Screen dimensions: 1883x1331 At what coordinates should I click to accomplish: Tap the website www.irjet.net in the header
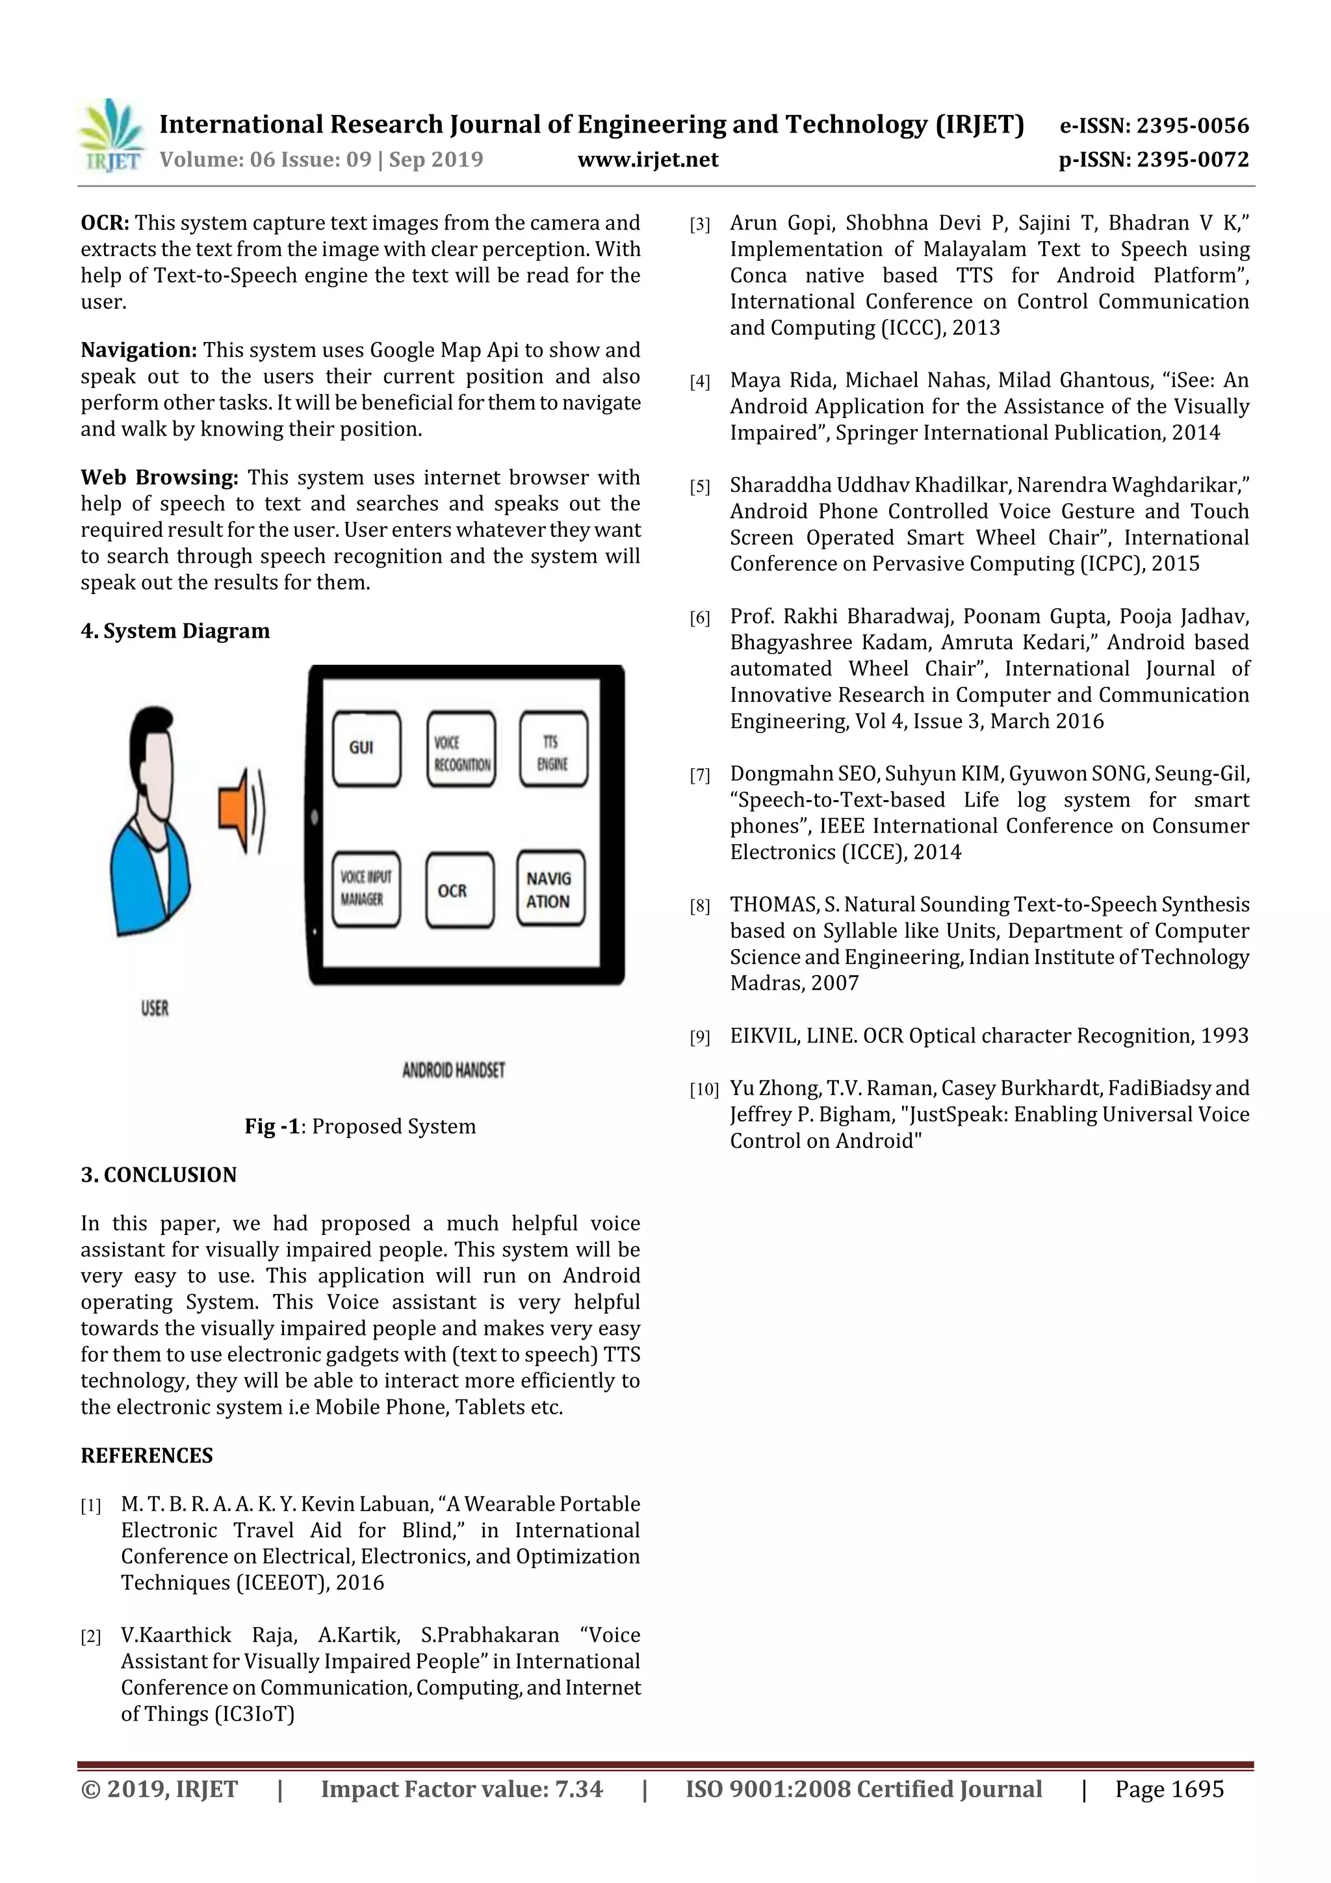[x=647, y=159]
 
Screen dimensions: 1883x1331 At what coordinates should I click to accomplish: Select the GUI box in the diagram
[x=366, y=748]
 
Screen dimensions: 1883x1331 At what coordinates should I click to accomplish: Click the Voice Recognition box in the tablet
[x=461, y=749]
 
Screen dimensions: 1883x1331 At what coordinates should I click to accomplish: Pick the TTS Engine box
[x=554, y=749]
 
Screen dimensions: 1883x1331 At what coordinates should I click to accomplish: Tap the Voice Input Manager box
[x=366, y=889]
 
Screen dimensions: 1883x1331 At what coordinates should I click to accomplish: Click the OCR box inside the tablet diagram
[x=460, y=890]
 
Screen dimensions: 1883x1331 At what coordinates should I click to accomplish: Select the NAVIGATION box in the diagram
[x=550, y=889]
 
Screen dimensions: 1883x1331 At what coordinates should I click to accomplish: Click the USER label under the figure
[x=154, y=1008]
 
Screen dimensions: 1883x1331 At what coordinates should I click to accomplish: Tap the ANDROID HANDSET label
[x=453, y=1071]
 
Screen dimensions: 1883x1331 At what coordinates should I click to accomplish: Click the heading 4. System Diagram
[x=175, y=630]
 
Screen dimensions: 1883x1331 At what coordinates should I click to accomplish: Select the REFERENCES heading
[x=146, y=1455]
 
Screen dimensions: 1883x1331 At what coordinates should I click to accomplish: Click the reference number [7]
[x=699, y=775]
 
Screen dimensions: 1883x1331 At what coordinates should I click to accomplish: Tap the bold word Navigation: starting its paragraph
[x=138, y=350]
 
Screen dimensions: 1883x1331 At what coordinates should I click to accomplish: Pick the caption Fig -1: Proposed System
[x=360, y=1126]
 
